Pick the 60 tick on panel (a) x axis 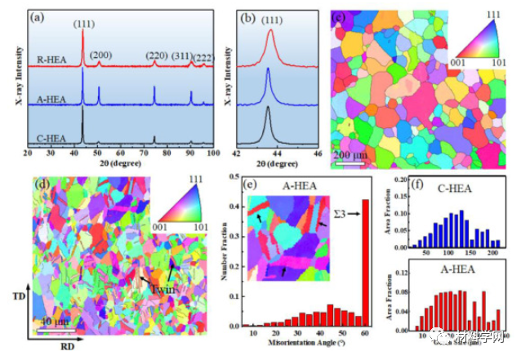pos(120,152)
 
